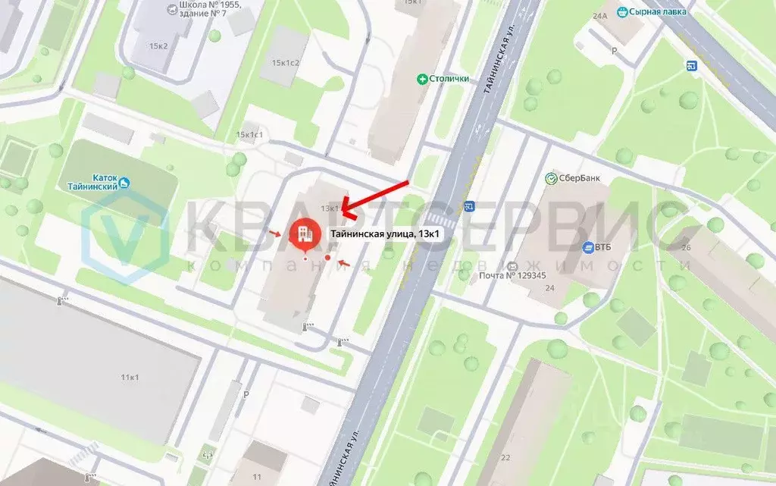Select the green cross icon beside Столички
[x=422, y=78]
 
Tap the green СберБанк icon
[x=552, y=178]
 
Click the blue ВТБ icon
[x=588, y=247]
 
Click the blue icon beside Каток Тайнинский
[x=125, y=183]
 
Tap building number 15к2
[x=158, y=46]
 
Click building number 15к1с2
[x=286, y=62]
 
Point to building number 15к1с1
[x=249, y=135]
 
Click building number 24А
[x=601, y=15]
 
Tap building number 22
[x=505, y=456]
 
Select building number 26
[x=687, y=248]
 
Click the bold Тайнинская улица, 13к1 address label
[x=384, y=234]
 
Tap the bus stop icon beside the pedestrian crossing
[x=470, y=206]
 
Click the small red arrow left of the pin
[x=274, y=232]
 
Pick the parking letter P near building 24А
[x=615, y=51]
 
